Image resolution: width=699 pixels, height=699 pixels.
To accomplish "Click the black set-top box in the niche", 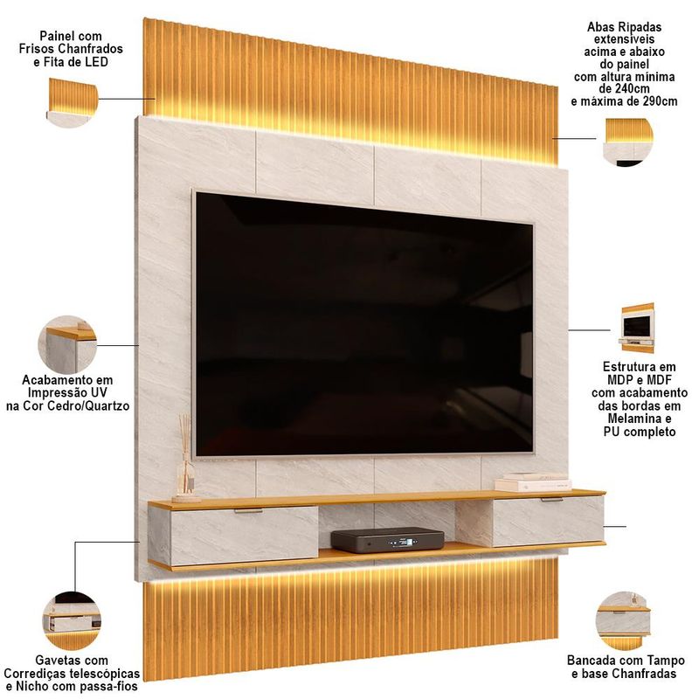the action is [x=387, y=540].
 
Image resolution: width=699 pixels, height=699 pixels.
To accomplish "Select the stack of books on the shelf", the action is [x=533, y=482].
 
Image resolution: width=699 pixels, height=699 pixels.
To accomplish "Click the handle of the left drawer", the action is [x=248, y=511].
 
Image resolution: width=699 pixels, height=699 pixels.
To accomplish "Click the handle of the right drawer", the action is [x=552, y=500].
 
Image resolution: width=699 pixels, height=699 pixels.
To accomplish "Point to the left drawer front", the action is [x=245, y=536].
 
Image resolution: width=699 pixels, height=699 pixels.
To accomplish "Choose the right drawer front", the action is [x=549, y=521].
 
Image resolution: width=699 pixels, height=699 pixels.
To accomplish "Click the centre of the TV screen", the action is [x=364, y=325].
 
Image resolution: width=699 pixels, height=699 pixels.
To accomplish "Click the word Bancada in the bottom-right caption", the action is [x=587, y=661].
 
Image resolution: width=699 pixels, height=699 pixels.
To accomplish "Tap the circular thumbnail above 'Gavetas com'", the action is [x=73, y=621].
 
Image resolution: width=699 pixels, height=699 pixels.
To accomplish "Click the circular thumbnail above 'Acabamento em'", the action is [x=67, y=344].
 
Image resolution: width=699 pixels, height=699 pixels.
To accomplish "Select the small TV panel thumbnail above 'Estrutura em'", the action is [x=637, y=329].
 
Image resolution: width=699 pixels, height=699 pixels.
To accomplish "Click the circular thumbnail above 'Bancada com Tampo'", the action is [x=624, y=621].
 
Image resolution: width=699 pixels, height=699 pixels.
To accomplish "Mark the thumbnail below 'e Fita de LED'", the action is [x=73, y=103].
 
